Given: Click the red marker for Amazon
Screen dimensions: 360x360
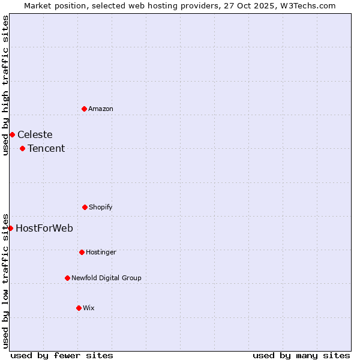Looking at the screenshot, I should click(84, 109).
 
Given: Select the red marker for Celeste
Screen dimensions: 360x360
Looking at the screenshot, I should click(12, 134).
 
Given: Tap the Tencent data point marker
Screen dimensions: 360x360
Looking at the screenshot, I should click(22, 148).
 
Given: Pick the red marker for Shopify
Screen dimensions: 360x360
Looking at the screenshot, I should click(85, 207).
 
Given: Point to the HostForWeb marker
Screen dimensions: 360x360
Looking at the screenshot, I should click(10, 228).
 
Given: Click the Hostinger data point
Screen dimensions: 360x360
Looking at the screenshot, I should click(82, 252).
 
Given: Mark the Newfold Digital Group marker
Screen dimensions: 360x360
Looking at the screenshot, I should click(67, 278).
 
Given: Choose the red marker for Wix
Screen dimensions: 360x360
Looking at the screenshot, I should click(79, 308).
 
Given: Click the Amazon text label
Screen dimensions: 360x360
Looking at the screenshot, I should click(101, 109).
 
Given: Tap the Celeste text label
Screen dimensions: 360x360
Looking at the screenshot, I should click(35, 134).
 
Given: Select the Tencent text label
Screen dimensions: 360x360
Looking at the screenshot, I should click(46, 148).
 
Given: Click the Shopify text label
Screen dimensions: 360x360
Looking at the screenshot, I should click(101, 207).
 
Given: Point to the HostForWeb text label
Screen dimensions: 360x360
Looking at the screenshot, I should click(44, 228).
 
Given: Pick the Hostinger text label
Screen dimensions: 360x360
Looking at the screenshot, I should click(101, 252).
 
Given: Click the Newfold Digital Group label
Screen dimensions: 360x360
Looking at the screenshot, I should click(106, 278).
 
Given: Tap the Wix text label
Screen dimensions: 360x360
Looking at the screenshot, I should click(89, 308).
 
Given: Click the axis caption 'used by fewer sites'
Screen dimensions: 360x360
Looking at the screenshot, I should click(62, 355).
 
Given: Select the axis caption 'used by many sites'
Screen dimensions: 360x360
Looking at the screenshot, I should click(301, 355).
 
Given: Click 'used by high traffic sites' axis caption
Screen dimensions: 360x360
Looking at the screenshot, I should click(5, 85).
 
